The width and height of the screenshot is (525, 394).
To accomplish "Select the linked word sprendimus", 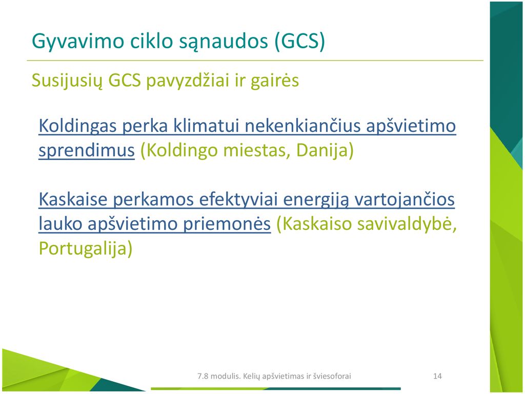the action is click(x=86, y=151).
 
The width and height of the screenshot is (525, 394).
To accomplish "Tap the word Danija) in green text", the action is click(x=325, y=150).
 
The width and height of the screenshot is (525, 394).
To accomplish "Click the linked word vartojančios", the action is click(x=405, y=200).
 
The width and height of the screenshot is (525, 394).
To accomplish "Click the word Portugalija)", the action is click(x=86, y=249).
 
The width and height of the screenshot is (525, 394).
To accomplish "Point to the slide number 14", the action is click(x=437, y=376).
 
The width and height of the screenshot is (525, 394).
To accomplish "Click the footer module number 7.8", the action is click(x=203, y=376).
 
